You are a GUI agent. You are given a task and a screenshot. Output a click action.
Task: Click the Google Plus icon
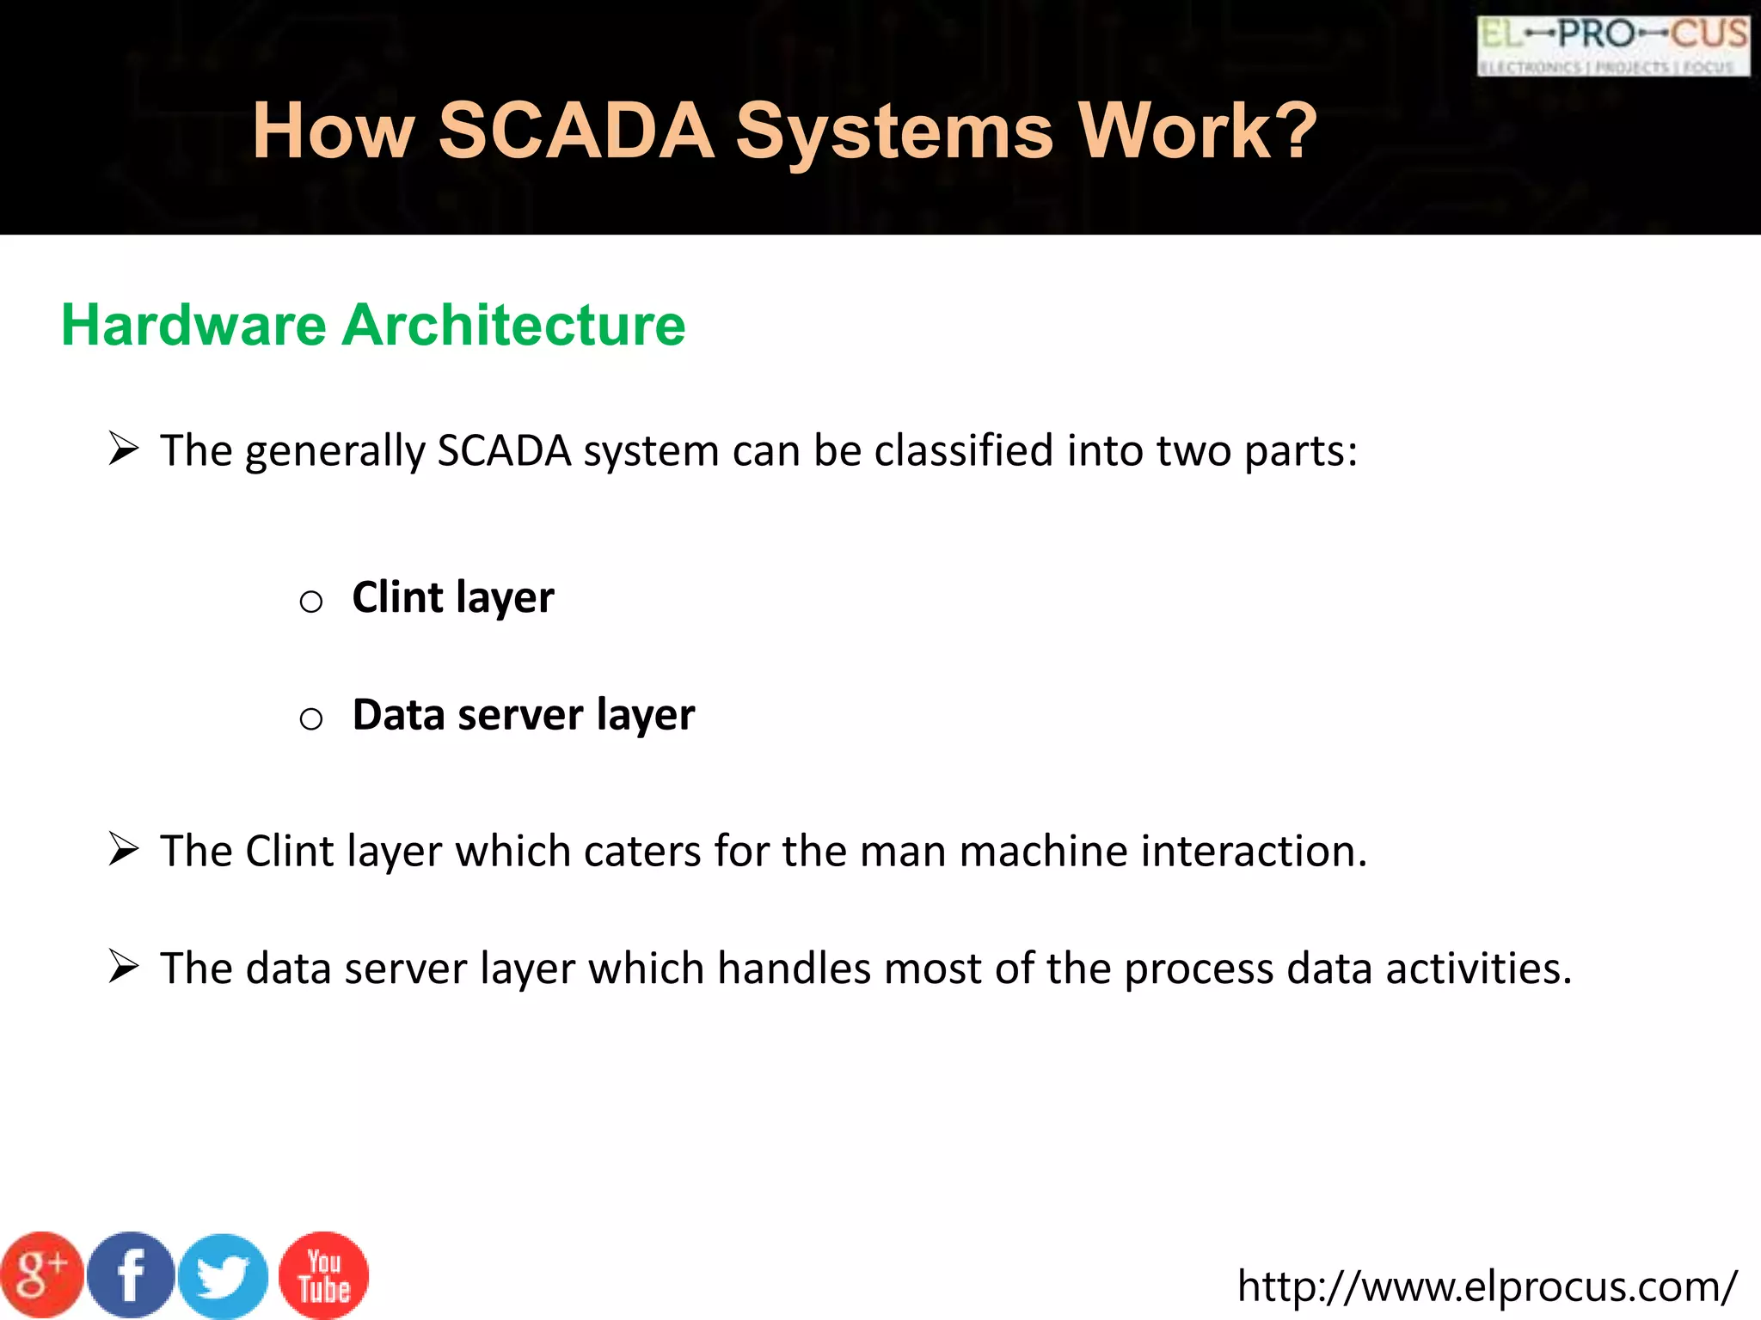[41, 1275]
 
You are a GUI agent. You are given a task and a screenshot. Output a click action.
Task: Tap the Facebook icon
[131, 1275]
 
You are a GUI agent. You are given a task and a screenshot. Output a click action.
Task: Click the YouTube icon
[324, 1275]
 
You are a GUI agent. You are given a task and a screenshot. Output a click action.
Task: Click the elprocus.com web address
[1487, 1286]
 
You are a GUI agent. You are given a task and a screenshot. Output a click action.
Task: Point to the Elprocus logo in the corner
[1613, 46]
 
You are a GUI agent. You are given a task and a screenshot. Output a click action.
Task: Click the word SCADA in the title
[576, 131]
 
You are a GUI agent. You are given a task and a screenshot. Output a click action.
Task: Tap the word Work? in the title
[1198, 131]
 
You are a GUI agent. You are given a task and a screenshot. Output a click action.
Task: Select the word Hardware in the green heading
[193, 325]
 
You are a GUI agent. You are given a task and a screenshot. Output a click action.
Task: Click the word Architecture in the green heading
[513, 325]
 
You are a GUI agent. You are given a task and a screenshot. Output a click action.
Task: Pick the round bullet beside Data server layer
[310, 718]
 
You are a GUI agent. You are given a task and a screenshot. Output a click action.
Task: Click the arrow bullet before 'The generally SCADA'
[124, 449]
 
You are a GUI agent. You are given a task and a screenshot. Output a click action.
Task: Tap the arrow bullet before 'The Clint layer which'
[124, 850]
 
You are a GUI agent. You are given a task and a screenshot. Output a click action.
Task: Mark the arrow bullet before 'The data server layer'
[124, 968]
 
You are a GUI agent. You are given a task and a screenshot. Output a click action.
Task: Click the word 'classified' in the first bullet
[963, 450]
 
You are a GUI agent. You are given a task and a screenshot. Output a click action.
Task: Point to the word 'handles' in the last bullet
[794, 969]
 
